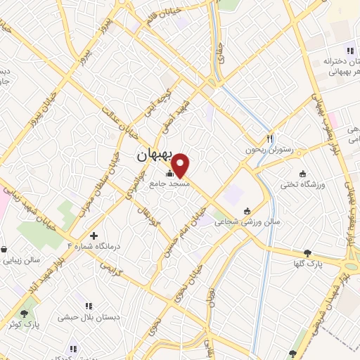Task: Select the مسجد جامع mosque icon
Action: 169,173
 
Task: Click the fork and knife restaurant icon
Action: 269,139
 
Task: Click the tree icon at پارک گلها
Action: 307,253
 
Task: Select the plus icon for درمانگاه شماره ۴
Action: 94,236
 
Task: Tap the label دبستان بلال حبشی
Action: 96,316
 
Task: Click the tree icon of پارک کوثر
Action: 25,314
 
